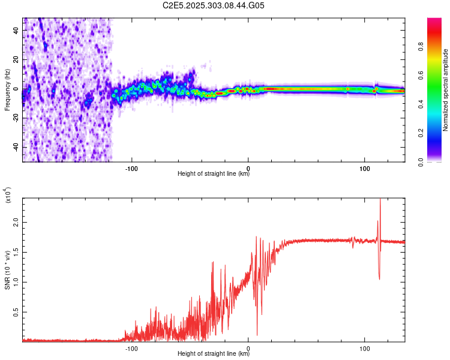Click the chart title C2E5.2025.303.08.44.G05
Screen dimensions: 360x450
(214, 6)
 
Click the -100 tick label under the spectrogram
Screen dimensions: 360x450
(131, 167)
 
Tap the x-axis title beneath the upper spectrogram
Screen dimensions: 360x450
(214, 175)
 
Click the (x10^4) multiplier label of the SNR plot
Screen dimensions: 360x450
(8, 196)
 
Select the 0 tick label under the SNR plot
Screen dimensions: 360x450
(248, 347)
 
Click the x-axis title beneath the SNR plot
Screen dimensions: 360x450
(214, 354)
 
